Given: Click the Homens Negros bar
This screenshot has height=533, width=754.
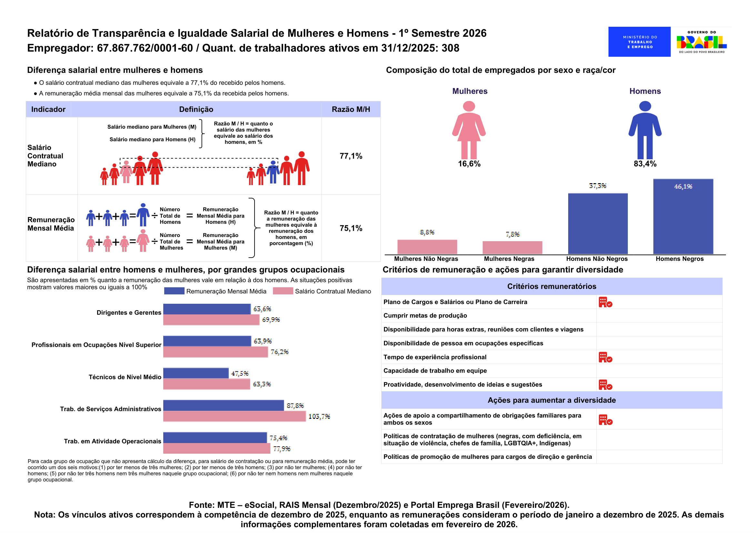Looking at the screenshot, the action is tap(683, 217).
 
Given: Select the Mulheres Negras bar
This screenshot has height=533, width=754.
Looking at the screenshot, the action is tap(512, 248).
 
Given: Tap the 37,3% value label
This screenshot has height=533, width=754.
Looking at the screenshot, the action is tap(598, 186).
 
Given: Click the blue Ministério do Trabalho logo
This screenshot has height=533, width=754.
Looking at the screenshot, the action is tap(639, 42).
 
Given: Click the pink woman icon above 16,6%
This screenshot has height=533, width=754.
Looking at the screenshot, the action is tap(469, 130).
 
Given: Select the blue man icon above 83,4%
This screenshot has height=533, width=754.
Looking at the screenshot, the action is tap(645, 130).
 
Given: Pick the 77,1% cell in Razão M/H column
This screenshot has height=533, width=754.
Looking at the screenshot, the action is tap(351, 156).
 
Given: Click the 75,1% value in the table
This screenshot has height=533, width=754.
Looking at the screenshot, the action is tap(351, 228).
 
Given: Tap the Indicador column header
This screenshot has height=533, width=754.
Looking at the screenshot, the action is tap(48, 109).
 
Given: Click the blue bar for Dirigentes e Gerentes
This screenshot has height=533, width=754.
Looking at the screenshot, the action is tap(207, 309).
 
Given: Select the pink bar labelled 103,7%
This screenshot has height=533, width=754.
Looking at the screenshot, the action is tap(235, 416).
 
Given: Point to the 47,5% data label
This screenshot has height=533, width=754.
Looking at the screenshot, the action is tap(240, 373).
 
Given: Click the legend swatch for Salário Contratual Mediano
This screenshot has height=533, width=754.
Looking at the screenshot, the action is tap(283, 291).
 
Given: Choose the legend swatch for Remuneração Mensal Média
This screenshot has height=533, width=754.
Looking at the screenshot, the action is tap(174, 291).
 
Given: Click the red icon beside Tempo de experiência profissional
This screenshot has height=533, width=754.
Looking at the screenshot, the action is tap(605, 357).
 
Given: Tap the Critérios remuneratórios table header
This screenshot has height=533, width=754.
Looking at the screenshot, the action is tap(552, 286).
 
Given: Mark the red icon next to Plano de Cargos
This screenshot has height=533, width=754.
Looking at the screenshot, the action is tap(605, 302).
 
